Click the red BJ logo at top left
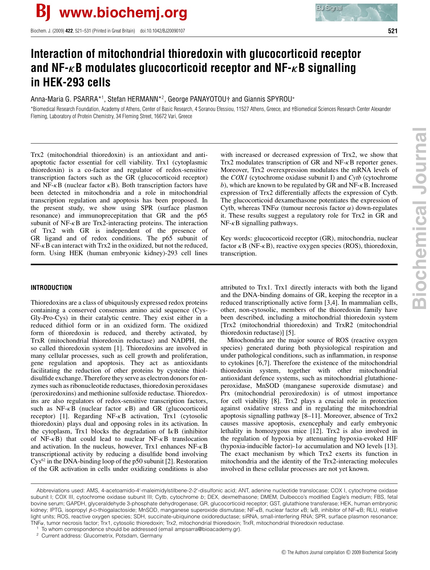(43, 13)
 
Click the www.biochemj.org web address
(123, 13)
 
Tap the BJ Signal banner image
(356, 13)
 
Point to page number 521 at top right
(392, 31)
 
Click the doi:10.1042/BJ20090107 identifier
(162, 31)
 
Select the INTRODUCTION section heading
(51, 288)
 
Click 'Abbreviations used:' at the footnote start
(61, 490)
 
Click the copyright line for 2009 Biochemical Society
(339, 552)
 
